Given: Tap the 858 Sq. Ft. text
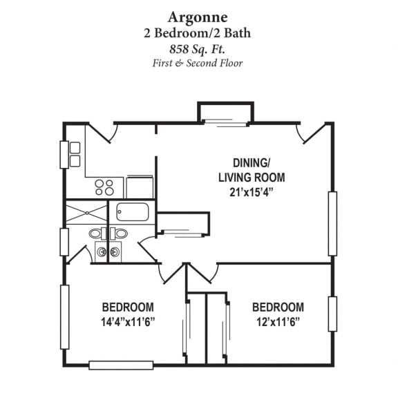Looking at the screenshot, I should [x=199, y=48].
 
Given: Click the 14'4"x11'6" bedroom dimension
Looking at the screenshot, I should [x=128, y=321].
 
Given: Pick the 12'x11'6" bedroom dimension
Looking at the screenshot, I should [x=278, y=321].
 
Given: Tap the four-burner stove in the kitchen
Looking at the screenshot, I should [x=104, y=187].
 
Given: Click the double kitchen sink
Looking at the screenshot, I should [x=75, y=154].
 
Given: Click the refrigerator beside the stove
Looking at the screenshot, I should [x=140, y=187].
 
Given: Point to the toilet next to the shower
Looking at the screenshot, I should [x=96, y=234].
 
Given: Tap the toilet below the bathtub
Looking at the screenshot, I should [x=121, y=234].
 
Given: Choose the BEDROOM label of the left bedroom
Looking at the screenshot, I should [x=128, y=307].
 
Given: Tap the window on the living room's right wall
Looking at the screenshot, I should [x=332, y=222].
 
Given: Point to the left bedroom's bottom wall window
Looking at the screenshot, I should [x=121, y=364].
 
